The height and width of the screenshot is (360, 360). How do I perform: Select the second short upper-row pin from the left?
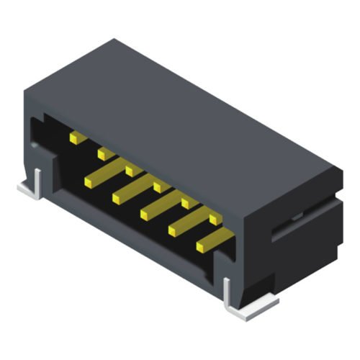(103, 153)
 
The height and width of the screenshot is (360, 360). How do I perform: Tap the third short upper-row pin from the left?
(130, 170)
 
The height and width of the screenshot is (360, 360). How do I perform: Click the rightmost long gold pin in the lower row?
(213, 240)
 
